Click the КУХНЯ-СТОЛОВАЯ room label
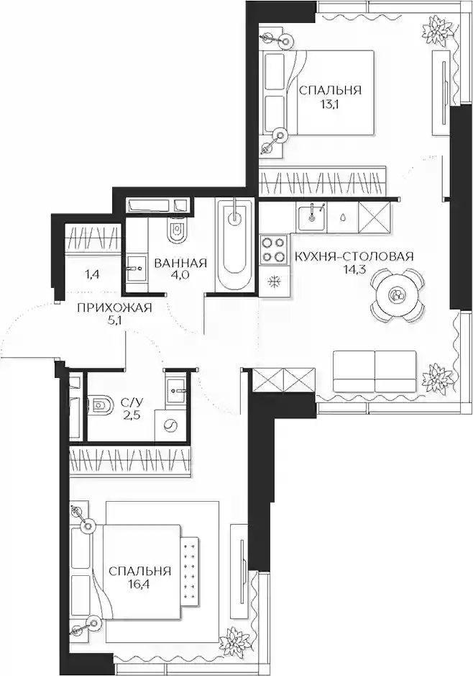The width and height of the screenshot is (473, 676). [354, 256]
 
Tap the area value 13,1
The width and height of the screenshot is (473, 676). [330, 104]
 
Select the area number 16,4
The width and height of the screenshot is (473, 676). [139, 585]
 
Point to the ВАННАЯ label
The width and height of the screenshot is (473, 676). [180, 263]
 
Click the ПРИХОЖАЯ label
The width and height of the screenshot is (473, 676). [114, 308]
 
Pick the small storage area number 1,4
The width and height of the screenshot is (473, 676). [93, 274]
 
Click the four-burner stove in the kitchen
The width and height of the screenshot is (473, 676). [274, 249]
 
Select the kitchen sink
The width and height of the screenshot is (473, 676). [311, 218]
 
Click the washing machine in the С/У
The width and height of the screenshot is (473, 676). [171, 425]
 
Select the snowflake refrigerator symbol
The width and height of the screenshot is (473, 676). [273, 281]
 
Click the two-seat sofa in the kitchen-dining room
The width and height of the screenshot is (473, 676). [375, 371]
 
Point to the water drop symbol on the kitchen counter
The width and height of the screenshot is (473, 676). [342, 217]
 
